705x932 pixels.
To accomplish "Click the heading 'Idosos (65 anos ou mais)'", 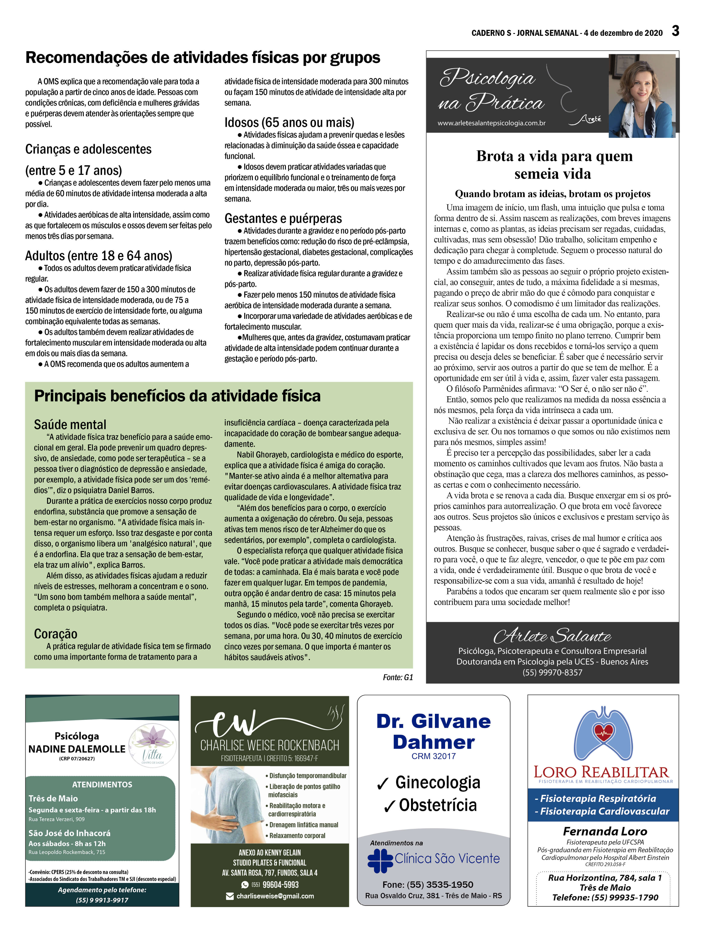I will pyautogui.click(x=289, y=123).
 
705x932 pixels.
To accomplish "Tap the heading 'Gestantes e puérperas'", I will pyautogui.click(x=283, y=218).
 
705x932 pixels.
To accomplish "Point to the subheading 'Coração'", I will pyautogui.click(x=56, y=634).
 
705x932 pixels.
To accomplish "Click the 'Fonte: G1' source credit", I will pyautogui.click(x=398, y=678).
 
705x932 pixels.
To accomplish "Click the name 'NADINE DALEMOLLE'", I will pyautogui.click(x=77, y=749).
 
